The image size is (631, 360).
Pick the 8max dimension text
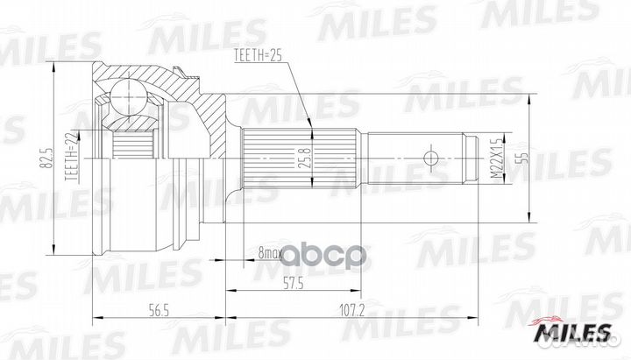coord(268,255)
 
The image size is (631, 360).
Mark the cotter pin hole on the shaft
coord(429,158)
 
